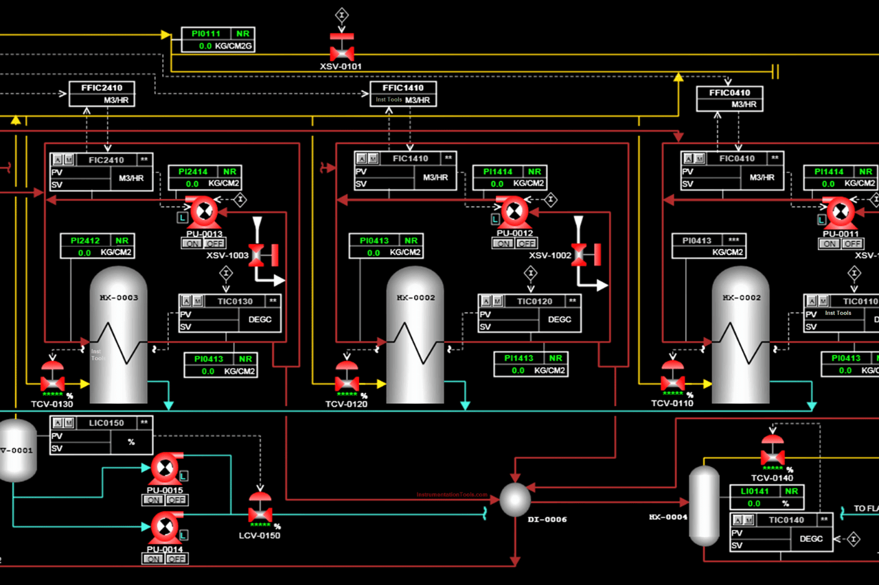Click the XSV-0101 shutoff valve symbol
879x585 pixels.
[341, 49]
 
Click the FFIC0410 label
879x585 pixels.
[729, 93]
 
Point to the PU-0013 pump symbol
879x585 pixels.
[202, 213]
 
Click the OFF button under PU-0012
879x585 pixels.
[526, 243]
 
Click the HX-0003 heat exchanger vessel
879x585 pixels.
[119, 335]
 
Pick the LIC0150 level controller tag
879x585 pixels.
[106, 422]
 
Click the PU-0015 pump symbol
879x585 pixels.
[164, 468]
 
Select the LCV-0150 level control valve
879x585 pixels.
[260, 510]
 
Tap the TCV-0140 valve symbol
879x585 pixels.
[773, 454]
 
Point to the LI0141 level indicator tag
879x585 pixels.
[755, 491]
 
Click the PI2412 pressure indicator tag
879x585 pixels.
[85, 241]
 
